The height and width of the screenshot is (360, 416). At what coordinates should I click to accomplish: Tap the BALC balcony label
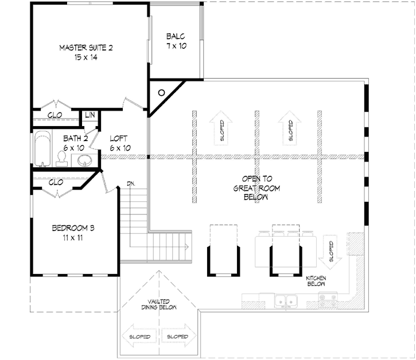(x=176, y=36)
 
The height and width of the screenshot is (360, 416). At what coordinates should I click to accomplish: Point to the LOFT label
(x=119, y=138)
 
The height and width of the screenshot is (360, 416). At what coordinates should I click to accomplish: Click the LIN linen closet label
(x=90, y=115)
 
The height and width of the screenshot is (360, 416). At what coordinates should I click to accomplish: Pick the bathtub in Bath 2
(x=42, y=149)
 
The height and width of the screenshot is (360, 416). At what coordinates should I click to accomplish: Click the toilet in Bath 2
(x=62, y=159)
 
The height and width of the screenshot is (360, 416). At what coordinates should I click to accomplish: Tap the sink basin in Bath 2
(x=85, y=161)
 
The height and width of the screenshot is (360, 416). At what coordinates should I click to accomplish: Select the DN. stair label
(x=131, y=183)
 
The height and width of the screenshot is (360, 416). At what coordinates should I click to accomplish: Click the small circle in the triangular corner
(x=161, y=93)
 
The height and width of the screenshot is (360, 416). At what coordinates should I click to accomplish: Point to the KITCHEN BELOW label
(x=316, y=281)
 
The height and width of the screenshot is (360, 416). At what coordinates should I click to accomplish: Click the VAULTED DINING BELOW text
(x=159, y=304)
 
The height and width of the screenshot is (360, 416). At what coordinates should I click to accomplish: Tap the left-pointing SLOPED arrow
(x=140, y=336)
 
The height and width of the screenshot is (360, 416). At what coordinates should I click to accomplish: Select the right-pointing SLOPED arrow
(x=178, y=336)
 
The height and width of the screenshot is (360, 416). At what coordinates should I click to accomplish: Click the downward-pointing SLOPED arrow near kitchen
(x=331, y=252)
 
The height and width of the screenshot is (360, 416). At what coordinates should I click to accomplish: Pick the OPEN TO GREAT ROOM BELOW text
(x=256, y=188)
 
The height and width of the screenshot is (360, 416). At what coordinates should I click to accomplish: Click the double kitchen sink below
(x=286, y=300)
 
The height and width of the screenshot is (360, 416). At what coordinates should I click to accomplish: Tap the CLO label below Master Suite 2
(x=55, y=115)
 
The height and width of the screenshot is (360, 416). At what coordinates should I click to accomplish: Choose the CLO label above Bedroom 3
(x=56, y=182)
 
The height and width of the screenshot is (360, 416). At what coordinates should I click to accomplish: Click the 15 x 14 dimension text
(x=85, y=57)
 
